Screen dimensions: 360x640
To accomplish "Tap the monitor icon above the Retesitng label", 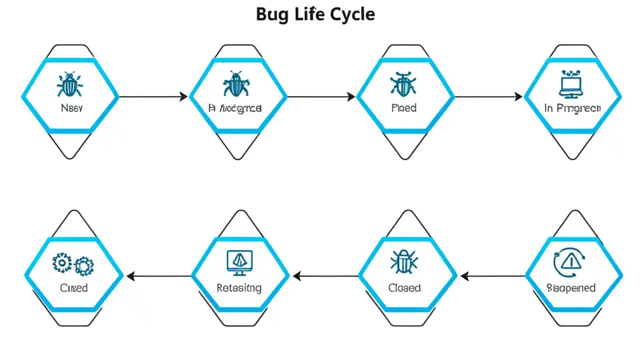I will click(x=239, y=262).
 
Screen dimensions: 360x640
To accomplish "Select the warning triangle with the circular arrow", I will click(x=570, y=262).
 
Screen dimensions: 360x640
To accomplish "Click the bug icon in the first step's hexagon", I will click(x=69, y=84).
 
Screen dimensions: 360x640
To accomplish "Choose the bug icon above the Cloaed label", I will click(x=403, y=262).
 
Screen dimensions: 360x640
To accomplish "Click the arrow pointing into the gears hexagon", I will click(x=159, y=275).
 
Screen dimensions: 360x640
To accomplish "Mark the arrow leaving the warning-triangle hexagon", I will click(x=493, y=275).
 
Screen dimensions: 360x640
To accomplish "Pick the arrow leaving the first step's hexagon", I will click(x=152, y=96).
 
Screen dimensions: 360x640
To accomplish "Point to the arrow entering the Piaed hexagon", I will click(x=321, y=96).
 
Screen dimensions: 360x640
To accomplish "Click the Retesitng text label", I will click(x=239, y=288).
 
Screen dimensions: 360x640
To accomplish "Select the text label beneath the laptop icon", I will click(x=572, y=108).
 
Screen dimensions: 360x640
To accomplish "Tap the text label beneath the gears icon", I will click(x=74, y=288).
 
